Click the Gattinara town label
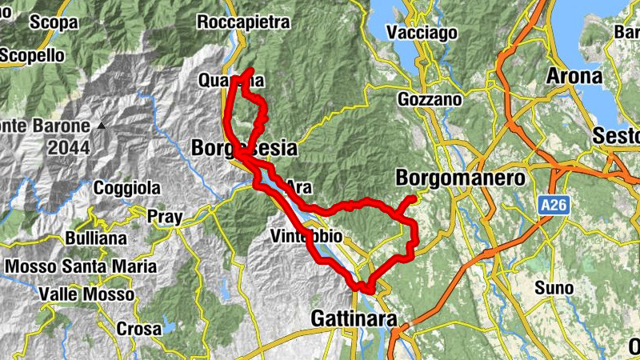(x=354, y=319)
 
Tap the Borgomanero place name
(x=460, y=178)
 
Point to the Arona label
(x=574, y=77)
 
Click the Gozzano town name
(x=430, y=100)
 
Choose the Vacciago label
(x=421, y=33)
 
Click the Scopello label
(x=32, y=55)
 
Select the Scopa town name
(x=53, y=22)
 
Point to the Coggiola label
(x=127, y=188)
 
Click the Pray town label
(x=165, y=216)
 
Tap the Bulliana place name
(x=97, y=238)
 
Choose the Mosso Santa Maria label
(x=81, y=266)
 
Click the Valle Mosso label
(x=86, y=294)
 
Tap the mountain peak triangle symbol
(x=102, y=126)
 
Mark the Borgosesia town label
(x=244, y=148)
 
